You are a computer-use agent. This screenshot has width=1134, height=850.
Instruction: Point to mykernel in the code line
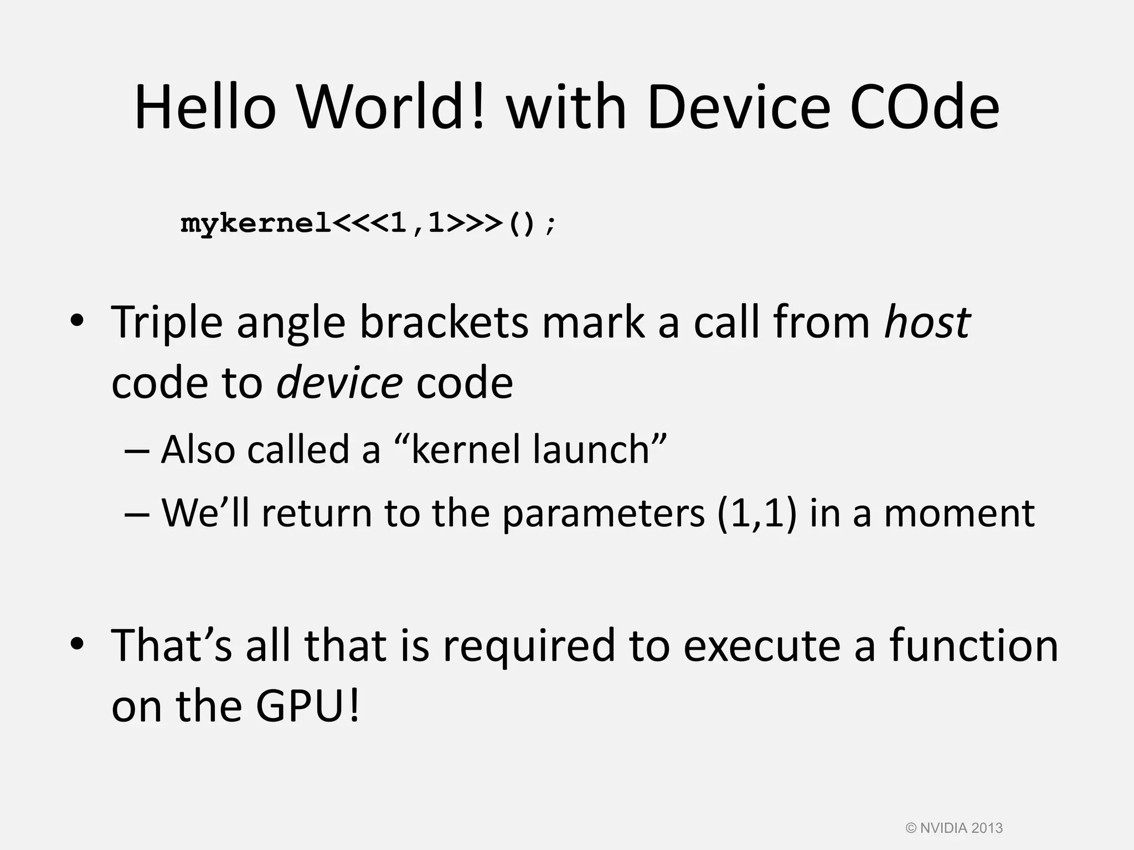coord(256,224)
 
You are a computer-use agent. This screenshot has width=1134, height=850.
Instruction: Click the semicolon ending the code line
coord(549,226)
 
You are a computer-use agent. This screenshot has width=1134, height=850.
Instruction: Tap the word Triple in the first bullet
coord(167,323)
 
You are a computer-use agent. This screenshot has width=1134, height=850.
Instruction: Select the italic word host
coord(927,323)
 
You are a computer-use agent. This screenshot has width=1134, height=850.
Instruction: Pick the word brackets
coord(444,323)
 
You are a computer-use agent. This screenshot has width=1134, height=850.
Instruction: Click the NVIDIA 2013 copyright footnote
coord(954,828)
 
